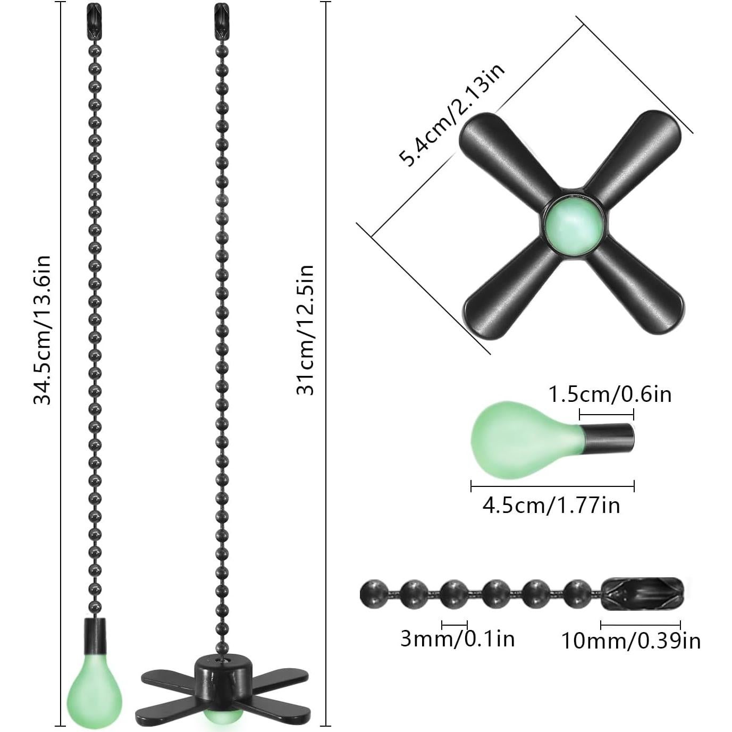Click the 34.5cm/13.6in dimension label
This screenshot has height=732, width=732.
tap(42, 330)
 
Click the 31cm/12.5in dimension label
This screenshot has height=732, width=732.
tap(305, 330)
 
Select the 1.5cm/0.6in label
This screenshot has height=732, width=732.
tap(609, 394)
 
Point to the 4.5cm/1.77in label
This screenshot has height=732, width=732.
tap(551, 505)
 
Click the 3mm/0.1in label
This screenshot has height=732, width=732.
tap(457, 638)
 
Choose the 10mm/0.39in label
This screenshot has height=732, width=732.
tap(630, 641)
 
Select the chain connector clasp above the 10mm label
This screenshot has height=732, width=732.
tap(642, 594)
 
